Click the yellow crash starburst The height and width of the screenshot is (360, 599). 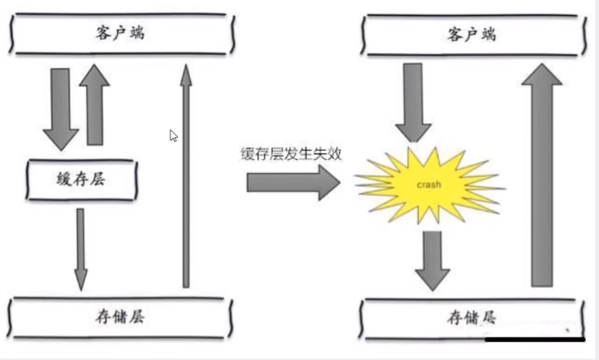click(x=429, y=185)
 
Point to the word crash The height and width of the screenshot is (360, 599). click(x=429, y=185)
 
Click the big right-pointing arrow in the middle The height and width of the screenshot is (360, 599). click(x=292, y=181)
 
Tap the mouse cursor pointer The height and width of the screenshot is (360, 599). click(x=174, y=136)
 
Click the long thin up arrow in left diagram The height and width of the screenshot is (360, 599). click(x=185, y=175)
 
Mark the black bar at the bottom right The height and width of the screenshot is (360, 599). click(x=534, y=337)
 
